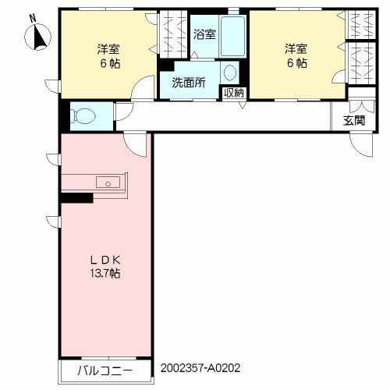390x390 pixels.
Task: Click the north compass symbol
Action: click(37, 36)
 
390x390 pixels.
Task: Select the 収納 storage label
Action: click(233, 93)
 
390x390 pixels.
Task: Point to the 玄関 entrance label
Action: click(353, 120)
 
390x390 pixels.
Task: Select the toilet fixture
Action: click(81, 117)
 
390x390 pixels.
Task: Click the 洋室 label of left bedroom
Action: click(108, 47)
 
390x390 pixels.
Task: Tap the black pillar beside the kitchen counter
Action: click(77, 198)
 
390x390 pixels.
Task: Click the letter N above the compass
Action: click(31, 17)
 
